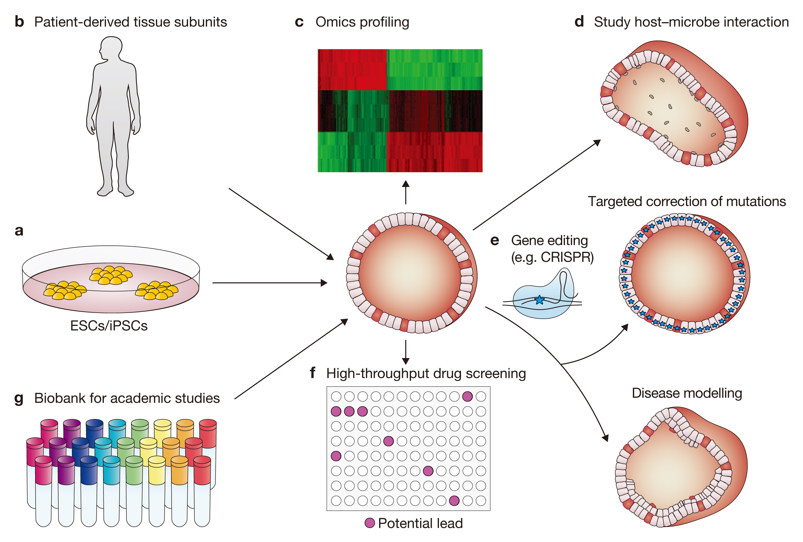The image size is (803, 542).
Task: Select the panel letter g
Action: (x=19, y=399)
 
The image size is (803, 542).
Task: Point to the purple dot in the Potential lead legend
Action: (x=370, y=523)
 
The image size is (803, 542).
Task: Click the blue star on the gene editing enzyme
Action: (x=539, y=300)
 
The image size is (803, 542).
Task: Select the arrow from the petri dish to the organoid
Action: (x=270, y=283)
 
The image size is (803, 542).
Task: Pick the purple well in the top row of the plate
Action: (x=467, y=396)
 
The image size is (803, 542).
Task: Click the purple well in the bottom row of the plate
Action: (x=454, y=501)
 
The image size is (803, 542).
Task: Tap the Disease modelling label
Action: (x=687, y=393)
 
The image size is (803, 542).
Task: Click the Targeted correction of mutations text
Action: (x=687, y=201)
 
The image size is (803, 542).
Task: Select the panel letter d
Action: (x=579, y=22)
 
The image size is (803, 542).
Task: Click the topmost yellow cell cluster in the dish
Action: (x=111, y=275)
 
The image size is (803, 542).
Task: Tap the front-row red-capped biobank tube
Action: (x=202, y=491)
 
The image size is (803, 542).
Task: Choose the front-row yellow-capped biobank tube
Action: (x=157, y=491)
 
